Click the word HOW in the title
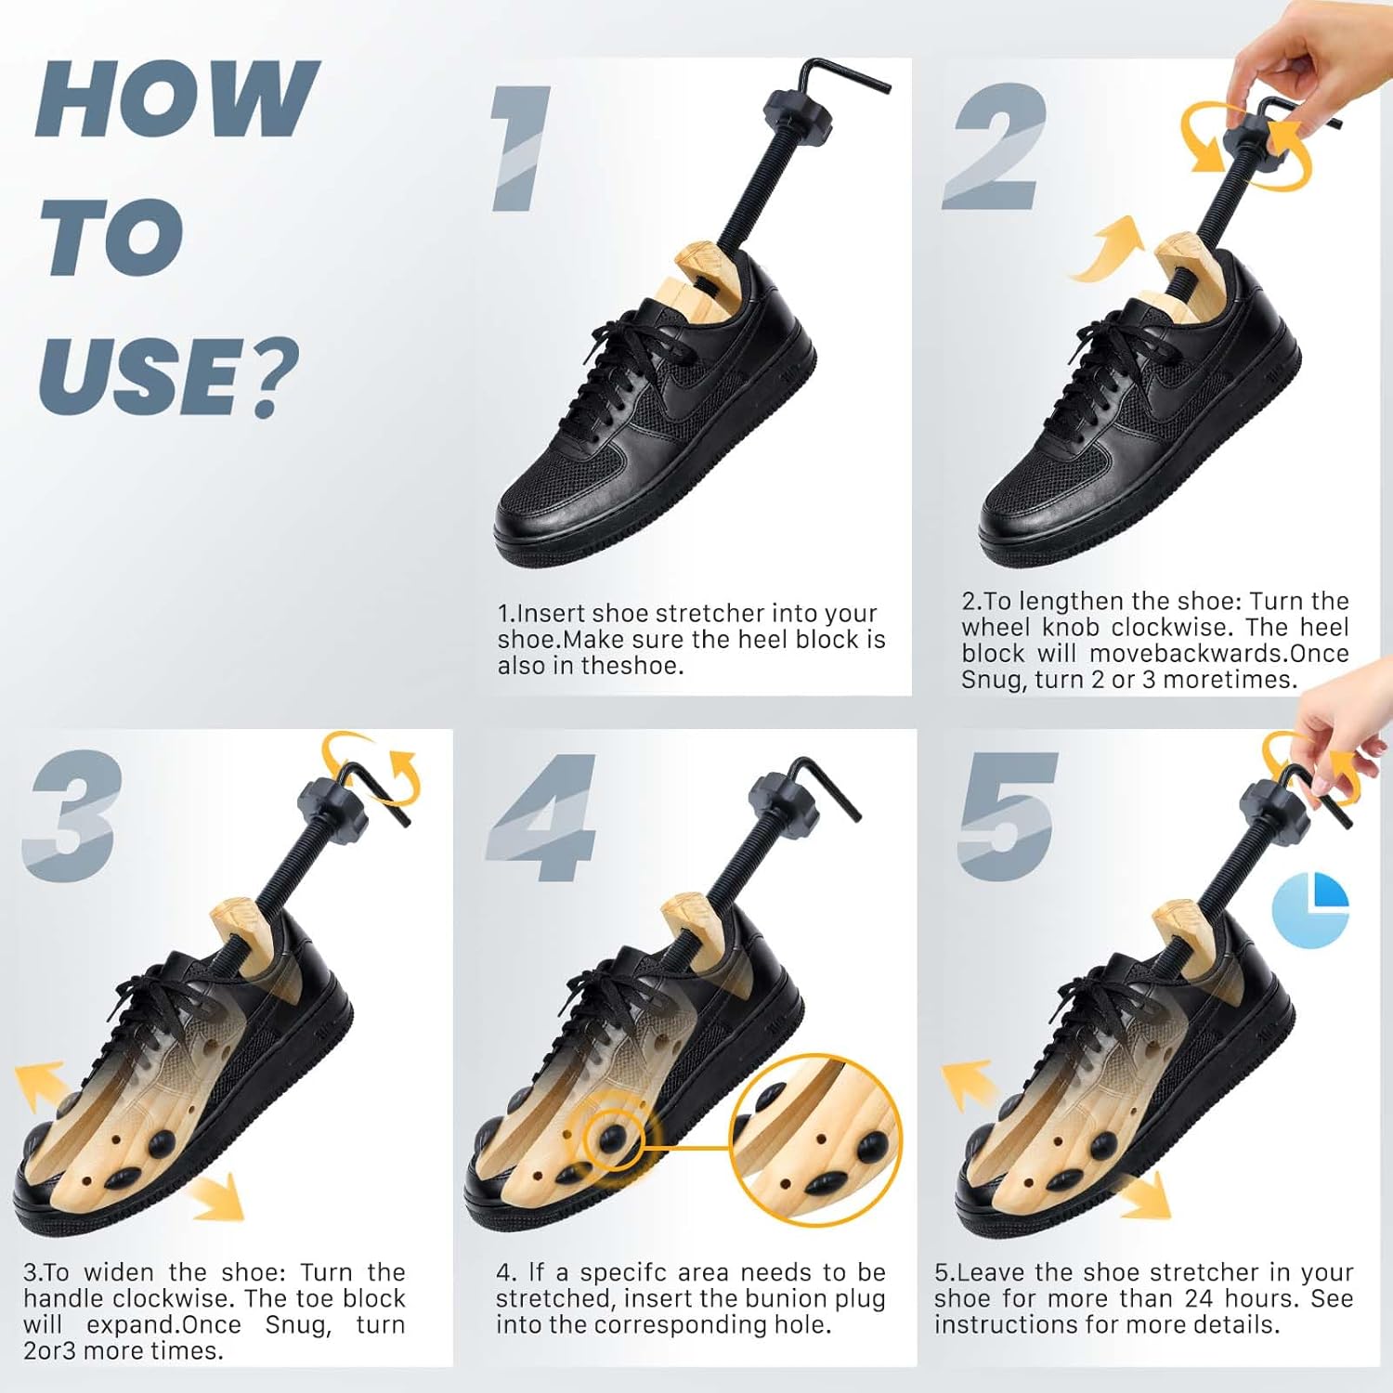click(176, 100)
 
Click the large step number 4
click(543, 817)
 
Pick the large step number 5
click(1008, 817)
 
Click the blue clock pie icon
click(1310, 910)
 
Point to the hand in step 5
click(1347, 715)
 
